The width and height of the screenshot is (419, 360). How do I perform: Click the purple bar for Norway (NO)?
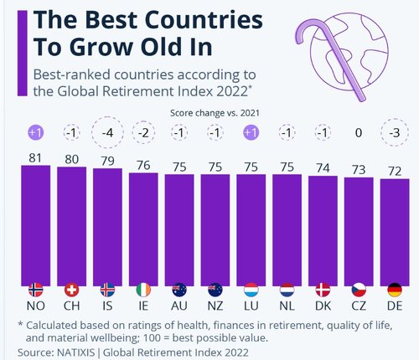tap(35, 222)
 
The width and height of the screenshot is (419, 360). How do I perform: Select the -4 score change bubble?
tap(107, 133)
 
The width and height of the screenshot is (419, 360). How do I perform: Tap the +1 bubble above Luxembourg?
tap(251, 133)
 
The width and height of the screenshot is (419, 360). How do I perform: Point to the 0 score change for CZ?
tap(359, 133)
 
